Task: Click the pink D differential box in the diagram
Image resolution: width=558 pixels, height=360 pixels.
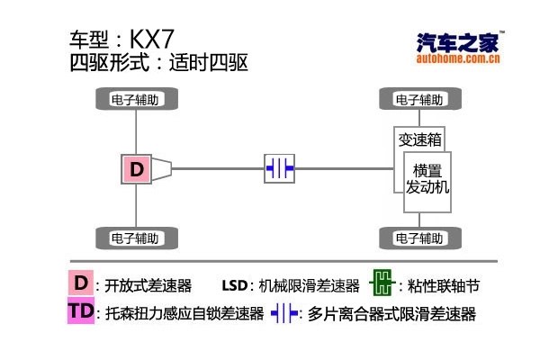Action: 136,168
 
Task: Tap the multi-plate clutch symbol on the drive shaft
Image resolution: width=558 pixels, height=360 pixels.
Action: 280,168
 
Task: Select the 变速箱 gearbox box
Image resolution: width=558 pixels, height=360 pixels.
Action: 419,139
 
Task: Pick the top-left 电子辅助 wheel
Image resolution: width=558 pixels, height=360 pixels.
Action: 135,99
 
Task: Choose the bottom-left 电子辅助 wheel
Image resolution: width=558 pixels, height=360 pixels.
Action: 135,238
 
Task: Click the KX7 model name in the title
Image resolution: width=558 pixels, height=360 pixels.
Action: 152,40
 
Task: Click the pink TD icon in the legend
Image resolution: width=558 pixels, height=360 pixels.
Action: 81,312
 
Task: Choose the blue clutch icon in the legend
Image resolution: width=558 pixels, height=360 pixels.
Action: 284,313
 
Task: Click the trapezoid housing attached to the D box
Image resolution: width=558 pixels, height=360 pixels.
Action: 162,168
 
